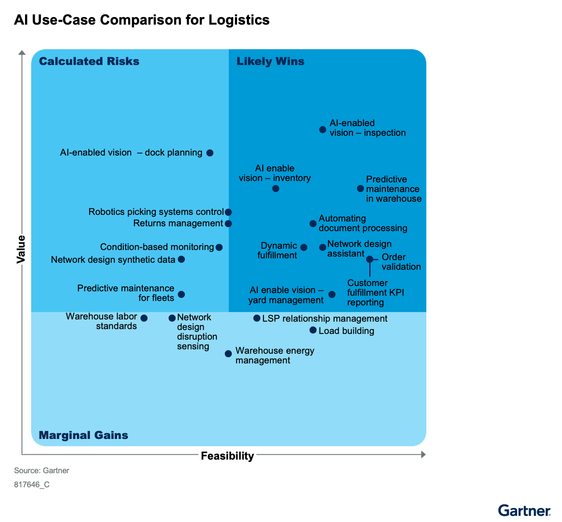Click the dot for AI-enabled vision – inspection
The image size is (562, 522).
pos(323,130)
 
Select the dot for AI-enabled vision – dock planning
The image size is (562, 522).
pos(210,153)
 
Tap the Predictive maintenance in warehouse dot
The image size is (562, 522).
pos(360,188)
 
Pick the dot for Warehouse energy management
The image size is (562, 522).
pos(228,354)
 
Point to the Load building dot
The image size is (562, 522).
pos(313,330)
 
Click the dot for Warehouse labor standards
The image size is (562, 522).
pos(144,318)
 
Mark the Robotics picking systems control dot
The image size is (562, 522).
pos(228,212)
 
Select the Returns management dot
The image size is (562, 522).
pos(228,224)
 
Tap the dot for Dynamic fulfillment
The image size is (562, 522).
pos(304,247)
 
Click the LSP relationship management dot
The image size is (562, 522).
pos(257,318)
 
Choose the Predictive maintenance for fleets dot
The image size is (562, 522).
pos(181,294)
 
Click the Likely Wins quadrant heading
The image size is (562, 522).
pos(270,62)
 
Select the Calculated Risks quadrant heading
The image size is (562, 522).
pos(89,62)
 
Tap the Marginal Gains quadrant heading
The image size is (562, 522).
pos(83,435)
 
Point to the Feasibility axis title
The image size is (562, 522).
pos(227,456)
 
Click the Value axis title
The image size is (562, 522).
pos(21,249)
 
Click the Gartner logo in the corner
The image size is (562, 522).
pos(524,511)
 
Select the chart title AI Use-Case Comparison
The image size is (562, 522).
pos(142,20)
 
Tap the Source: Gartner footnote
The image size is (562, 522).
pos(42,471)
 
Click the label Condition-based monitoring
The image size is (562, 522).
pos(157,247)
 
